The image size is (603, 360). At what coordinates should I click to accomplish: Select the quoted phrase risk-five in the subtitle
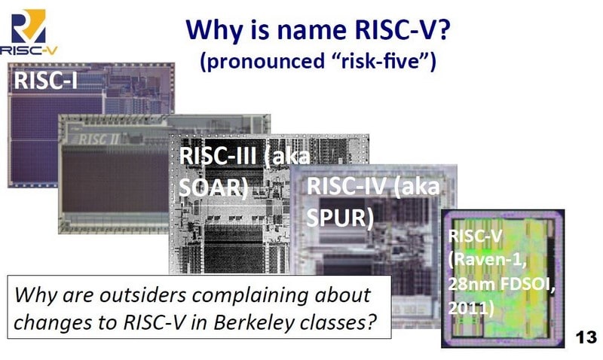coord(382,61)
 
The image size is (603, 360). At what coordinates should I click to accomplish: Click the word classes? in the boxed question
coord(341,323)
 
